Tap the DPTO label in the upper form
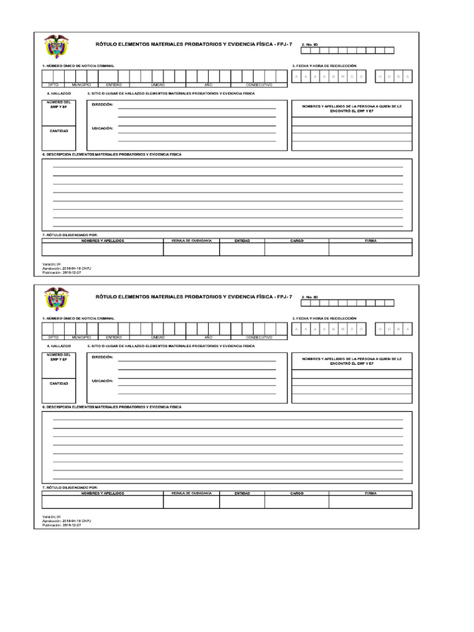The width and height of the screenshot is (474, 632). tap(53, 85)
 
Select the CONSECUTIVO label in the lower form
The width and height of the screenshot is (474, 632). tap(259, 338)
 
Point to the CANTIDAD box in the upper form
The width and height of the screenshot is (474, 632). tap(59, 131)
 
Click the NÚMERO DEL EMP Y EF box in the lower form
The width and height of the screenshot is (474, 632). tap(59, 357)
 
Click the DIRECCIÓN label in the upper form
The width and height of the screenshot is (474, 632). tap(102, 105)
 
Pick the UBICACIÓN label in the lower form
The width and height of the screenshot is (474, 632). tap(102, 381)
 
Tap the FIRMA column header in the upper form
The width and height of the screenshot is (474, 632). tap(370, 240)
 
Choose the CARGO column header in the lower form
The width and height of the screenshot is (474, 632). tap(297, 493)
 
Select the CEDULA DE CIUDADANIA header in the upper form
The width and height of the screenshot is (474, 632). tap(191, 240)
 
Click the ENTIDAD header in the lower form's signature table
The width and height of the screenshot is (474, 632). tap(243, 493)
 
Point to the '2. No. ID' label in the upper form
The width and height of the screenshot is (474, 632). tap(309, 45)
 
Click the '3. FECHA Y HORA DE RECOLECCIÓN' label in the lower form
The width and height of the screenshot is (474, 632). tap(325, 318)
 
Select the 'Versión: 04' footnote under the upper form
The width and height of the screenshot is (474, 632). tap(52, 262)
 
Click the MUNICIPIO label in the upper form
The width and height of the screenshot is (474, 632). tap(81, 85)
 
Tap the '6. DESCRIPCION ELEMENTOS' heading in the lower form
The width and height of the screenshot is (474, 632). tap(111, 407)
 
